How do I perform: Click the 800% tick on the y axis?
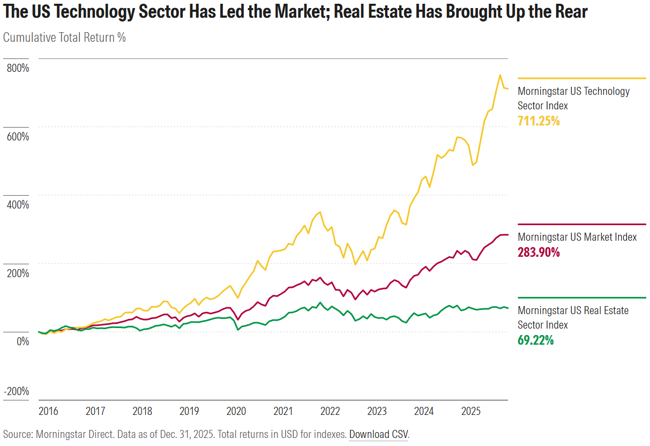[18, 68]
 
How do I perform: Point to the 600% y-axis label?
[18, 136]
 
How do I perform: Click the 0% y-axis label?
[21, 340]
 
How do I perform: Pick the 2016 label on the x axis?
[48, 411]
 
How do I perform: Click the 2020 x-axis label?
[236, 411]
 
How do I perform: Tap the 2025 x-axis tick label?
[471, 411]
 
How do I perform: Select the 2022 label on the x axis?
[330, 411]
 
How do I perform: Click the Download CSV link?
[378, 434]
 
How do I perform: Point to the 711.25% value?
[539, 121]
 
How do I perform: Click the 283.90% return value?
[539, 252]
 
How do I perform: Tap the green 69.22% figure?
[535, 340]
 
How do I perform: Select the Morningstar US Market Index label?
[577, 237]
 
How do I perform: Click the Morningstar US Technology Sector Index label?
[573, 98]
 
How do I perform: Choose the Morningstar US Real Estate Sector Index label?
[573, 317]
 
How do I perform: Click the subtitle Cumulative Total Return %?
[64, 38]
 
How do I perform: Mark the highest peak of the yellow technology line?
[500, 75]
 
